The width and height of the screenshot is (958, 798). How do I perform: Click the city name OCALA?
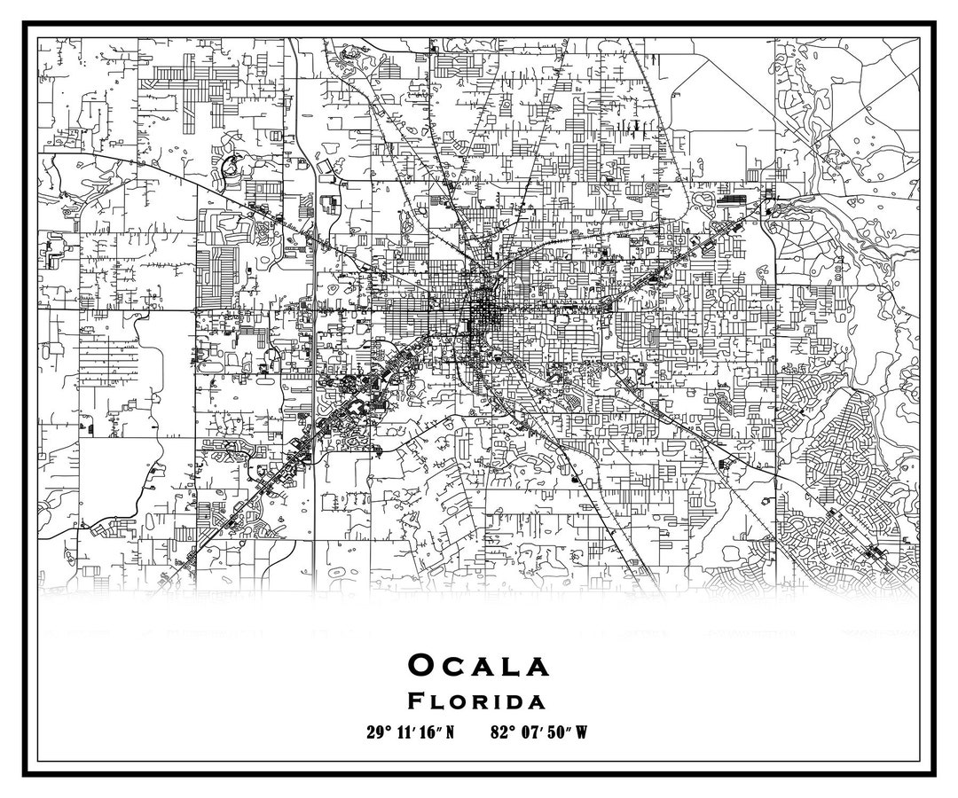[x=478, y=665]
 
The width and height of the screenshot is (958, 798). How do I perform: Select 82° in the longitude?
[x=501, y=732]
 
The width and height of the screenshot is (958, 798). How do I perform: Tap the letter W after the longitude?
[x=582, y=732]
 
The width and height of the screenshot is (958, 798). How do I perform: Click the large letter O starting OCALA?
[x=421, y=665]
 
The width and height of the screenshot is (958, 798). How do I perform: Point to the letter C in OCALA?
[x=454, y=666]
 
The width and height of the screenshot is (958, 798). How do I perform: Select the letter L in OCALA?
[x=509, y=666]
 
